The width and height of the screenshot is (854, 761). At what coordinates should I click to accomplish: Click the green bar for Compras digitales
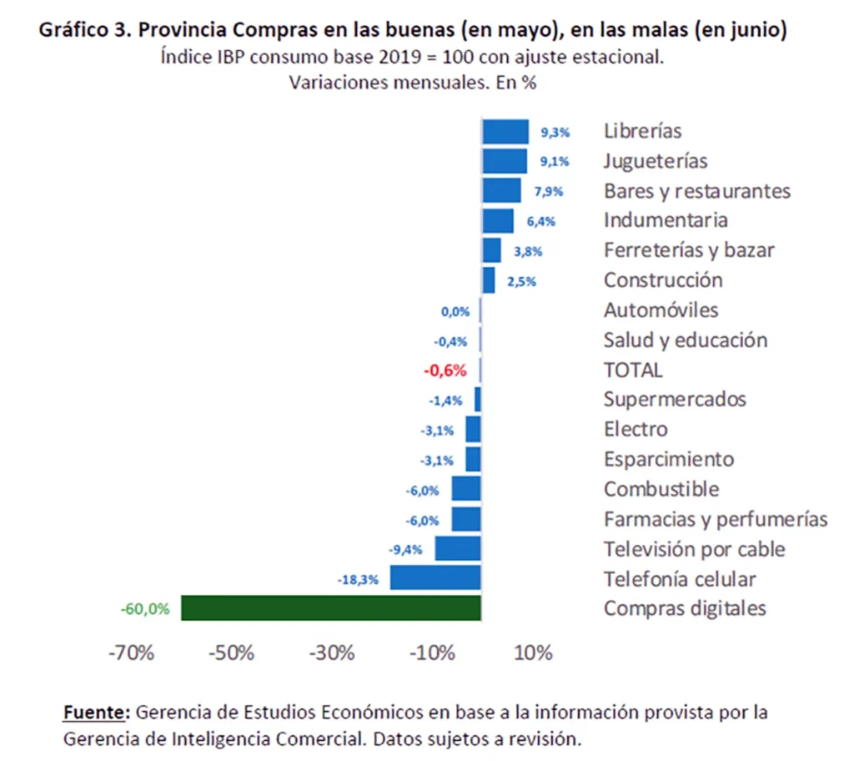click(330, 608)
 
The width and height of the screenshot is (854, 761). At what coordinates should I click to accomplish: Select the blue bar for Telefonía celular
click(435, 578)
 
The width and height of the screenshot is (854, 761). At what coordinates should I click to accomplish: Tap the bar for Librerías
click(505, 131)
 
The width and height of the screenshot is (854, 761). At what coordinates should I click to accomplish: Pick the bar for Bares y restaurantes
click(501, 191)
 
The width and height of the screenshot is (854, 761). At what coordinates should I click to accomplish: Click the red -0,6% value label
click(445, 370)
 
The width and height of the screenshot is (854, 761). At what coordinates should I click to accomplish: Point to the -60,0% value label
click(145, 609)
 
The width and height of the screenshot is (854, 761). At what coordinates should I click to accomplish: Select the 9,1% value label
click(555, 161)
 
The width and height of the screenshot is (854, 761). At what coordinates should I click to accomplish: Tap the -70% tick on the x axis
click(132, 653)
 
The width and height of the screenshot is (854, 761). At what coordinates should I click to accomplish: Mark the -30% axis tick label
click(332, 653)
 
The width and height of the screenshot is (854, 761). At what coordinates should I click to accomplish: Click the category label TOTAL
click(633, 370)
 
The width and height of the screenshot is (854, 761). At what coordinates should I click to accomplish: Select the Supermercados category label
click(675, 400)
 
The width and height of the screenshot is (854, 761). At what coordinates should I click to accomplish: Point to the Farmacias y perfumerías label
click(716, 519)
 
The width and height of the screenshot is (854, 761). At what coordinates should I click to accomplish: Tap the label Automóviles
click(661, 310)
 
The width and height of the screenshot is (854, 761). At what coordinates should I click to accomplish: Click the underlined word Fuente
click(95, 713)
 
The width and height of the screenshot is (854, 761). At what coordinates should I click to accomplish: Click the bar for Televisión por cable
click(458, 548)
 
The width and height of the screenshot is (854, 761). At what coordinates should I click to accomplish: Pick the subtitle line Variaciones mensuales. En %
click(412, 83)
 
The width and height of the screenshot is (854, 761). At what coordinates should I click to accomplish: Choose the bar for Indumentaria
click(498, 221)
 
